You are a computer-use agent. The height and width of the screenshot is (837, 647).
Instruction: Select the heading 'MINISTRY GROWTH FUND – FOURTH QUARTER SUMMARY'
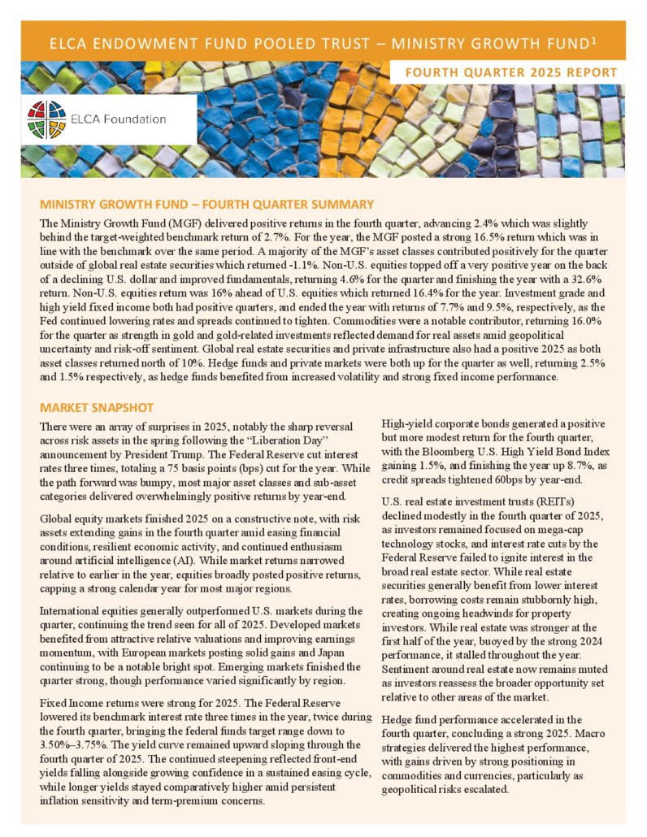(206, 204)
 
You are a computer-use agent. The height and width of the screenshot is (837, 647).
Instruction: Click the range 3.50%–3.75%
(70, 745)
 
